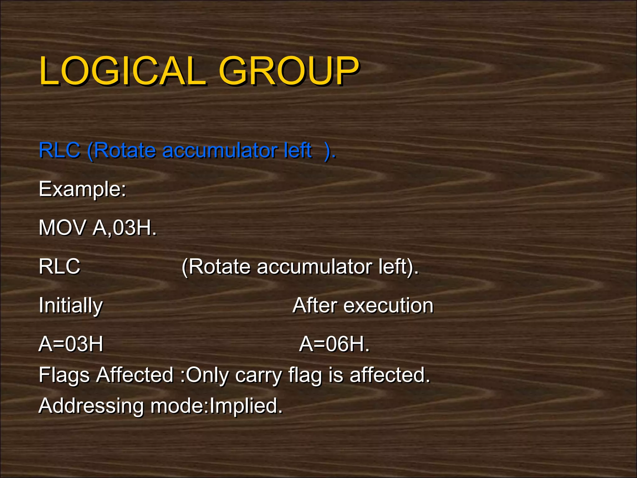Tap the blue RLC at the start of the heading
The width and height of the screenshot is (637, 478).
coord(59,150)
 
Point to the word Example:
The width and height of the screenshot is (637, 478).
coord(82,189)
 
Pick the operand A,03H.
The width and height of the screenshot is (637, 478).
coord(124,228)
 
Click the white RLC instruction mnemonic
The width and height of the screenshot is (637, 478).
coord(59,266)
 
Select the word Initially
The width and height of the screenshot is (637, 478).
coord(71,306)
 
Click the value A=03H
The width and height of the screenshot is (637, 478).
coord(71,344)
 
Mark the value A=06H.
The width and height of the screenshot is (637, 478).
coord(334,344)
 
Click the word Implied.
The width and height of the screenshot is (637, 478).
coord(246,406)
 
